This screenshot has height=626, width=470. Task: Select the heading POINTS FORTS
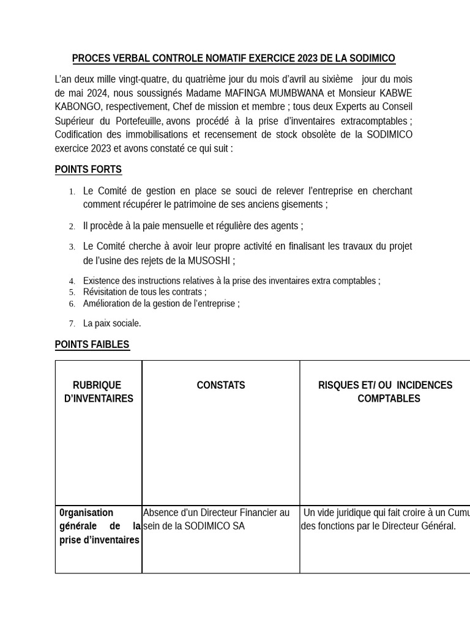tap(88, 169)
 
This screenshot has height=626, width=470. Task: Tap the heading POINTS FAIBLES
tap(92, 345)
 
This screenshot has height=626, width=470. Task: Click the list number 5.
tap(72, 292)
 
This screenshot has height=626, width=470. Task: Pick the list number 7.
tap(72, 323)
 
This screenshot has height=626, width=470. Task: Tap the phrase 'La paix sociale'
tap(112, 323)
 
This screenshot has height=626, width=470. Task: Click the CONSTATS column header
tap(220, 385)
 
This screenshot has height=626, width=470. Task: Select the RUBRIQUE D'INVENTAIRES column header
tap(98, 392)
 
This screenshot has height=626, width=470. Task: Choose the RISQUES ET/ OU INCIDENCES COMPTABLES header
tap(385, 392)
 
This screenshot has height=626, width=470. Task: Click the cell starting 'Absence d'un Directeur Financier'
tap(216, 519)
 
